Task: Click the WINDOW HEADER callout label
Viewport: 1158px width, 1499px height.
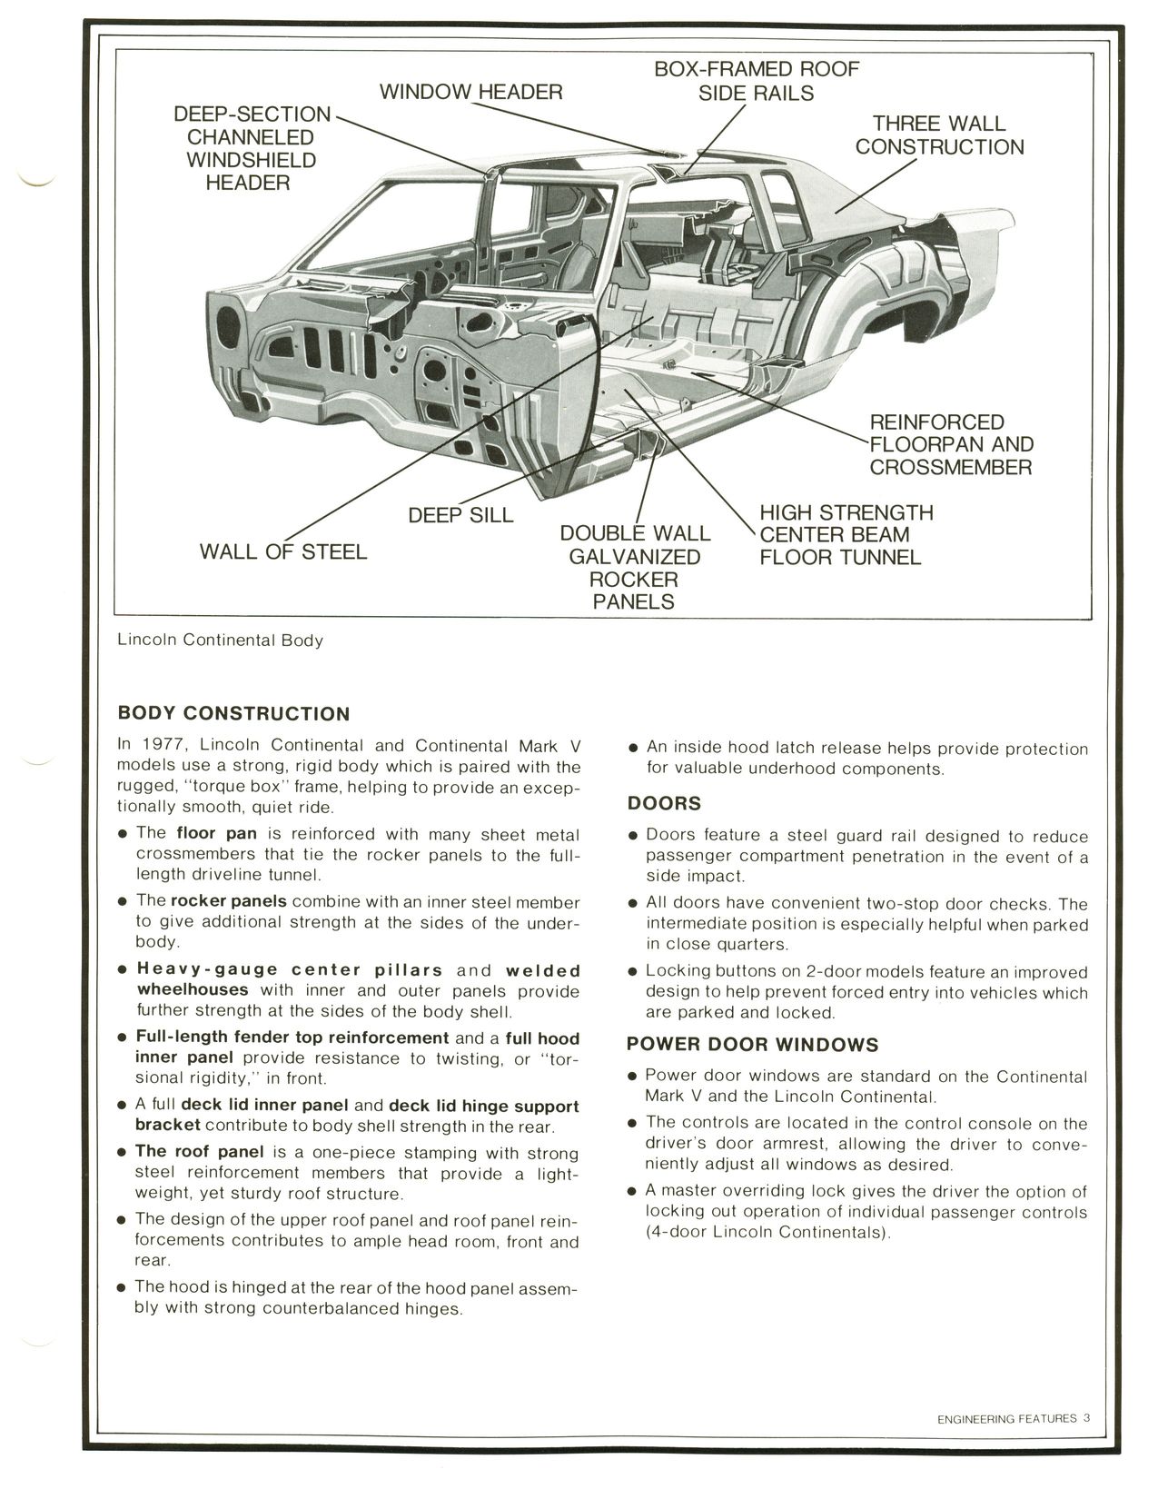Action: [x=470, y=92]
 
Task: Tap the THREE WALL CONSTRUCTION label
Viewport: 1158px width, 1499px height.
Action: [x=939, y=135]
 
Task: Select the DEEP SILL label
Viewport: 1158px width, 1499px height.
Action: [x=460, y=515]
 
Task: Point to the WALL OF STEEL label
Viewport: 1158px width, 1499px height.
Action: [x=282, y=551]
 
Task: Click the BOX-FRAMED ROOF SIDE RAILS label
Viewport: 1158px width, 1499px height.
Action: [x=756, y=81]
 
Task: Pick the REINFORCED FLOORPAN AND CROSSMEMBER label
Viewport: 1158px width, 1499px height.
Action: [x=950, y=444]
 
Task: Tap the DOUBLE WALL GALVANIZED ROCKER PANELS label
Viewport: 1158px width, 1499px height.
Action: [x=634, y=567]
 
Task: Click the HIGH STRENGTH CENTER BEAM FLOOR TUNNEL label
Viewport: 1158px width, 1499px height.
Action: [x=845, y=535]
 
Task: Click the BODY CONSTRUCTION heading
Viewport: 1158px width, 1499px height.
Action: [x=233, y=713]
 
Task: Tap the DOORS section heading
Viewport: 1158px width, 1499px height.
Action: [x=664, y=803]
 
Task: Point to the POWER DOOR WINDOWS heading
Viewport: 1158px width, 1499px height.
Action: [x=752, y=1045]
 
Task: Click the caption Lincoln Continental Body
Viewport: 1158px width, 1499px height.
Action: [x=220, y=640]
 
